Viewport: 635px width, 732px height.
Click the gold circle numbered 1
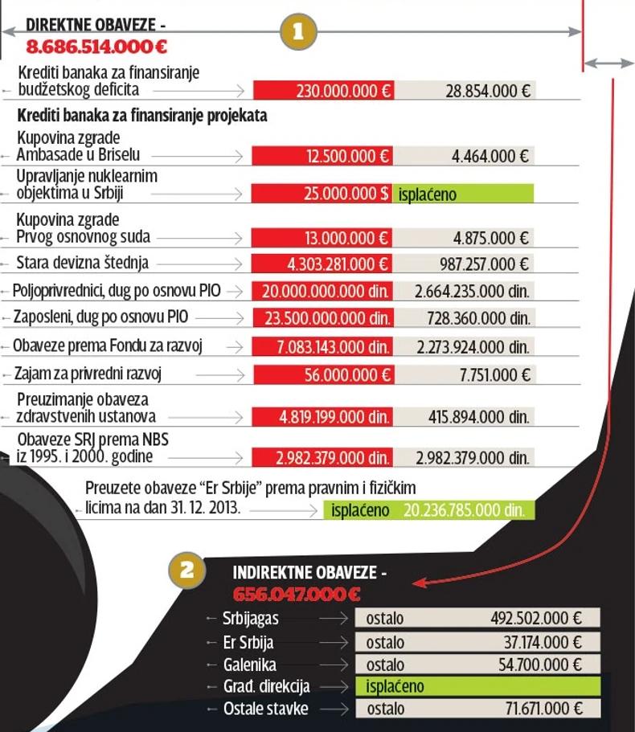click(298, 32)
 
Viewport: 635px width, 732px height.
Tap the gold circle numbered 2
click(186, 571)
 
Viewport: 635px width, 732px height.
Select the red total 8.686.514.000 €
click(96, 47)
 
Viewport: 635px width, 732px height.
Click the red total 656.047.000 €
click(297, 594)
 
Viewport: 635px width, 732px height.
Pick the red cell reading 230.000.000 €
click(322, 91)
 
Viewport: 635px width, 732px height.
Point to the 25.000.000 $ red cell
click(322, 194)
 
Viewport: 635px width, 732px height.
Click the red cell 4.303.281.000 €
click(322, 264)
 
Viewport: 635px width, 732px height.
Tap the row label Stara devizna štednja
click(82, 263)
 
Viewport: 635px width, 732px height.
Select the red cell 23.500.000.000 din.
click(322, 317)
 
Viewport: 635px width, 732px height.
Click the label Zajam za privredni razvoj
click(93, 374)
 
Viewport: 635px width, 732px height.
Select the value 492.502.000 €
click(535, 619)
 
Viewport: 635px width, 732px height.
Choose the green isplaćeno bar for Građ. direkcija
click(477, 687)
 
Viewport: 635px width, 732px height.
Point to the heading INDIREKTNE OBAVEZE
click(309, 573)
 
